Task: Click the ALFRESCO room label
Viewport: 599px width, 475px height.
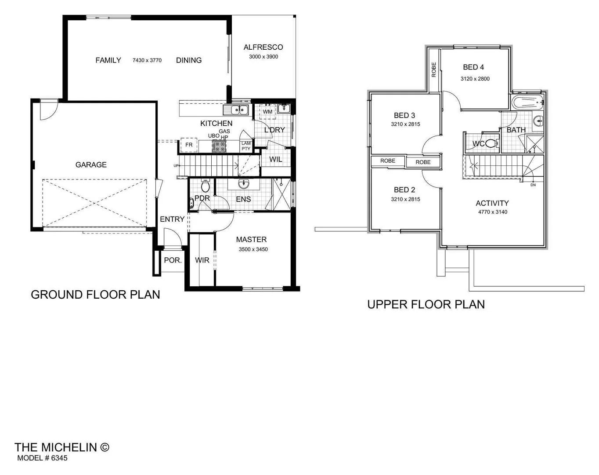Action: coord(263,47)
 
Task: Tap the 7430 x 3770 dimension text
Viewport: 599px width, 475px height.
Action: coord(147,60)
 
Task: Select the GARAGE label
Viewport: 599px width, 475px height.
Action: coord(91,164)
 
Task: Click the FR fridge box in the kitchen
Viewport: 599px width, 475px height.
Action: coord(189,145)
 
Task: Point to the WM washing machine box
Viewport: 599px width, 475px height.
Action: coord(267,112)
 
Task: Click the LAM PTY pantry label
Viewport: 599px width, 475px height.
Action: coord(246,146)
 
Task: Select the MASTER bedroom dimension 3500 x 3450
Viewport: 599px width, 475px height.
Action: coord(253,249)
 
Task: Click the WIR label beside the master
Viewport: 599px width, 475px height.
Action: coord(202,260)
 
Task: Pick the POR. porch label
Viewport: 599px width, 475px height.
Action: coord(173,260)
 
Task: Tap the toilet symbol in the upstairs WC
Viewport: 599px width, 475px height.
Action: coord(491,143)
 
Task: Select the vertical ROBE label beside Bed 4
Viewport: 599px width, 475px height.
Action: coord(434,69)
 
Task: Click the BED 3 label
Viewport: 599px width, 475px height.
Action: coord(404,116)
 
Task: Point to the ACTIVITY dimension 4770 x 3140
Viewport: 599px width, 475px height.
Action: coord(492,212)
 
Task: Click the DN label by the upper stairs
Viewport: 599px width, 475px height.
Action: coord(533,185)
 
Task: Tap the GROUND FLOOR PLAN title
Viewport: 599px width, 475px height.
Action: coord(95,295)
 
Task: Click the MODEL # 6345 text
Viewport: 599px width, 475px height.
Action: coord(42,458)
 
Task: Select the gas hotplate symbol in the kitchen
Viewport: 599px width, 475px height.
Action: coord(219,146)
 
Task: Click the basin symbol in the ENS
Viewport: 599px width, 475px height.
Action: coord(244,183)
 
